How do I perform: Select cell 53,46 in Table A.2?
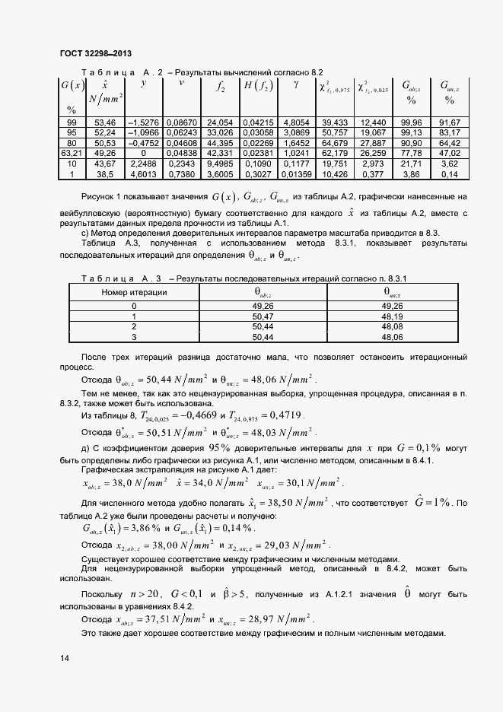pyautogui.click(x=103, y=122)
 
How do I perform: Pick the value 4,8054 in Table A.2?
pyautogui.click(x=295, y=122)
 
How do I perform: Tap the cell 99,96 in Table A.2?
pyautogui.click(x=411, y=122)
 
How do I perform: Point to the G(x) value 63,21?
pyautogui.click(x=72, y=154)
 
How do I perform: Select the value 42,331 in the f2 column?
pyautogui.click(x=220, y=154)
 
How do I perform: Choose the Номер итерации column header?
pyautogui.click(x=134, y=292)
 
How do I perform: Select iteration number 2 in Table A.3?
pyautogui.click(x=134, y=326)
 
